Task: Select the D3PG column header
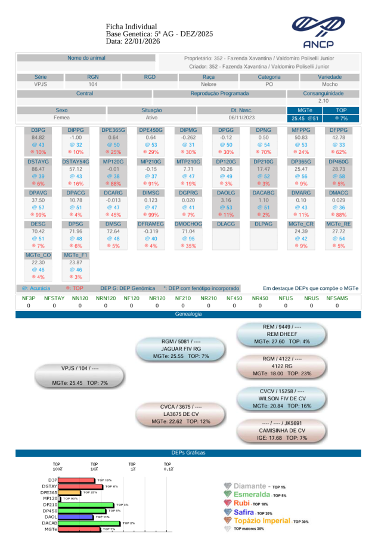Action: [x=38, y=129]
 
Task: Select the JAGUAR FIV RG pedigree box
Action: [x=181, y=348]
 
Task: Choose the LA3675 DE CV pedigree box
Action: [x=181, y=414]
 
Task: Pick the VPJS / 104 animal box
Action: [x=80, y=375]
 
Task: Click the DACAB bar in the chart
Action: [x=90, y=523]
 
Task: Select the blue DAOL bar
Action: [x=77, y=517]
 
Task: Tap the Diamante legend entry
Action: [x=255, y=486]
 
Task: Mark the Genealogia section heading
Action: [x=188, y=314]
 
